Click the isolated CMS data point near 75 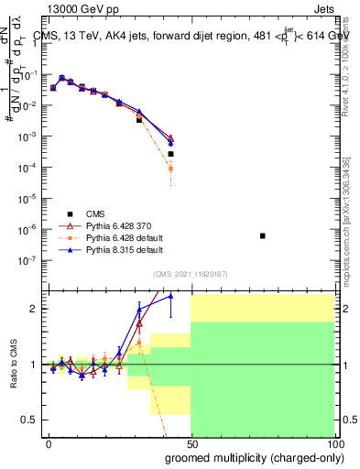[263, 236]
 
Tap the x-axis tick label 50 [191, 442]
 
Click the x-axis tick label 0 [49, 442]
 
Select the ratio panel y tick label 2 [34, 309]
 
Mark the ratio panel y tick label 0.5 [30, 420]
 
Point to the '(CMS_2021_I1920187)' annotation [191, 273]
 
